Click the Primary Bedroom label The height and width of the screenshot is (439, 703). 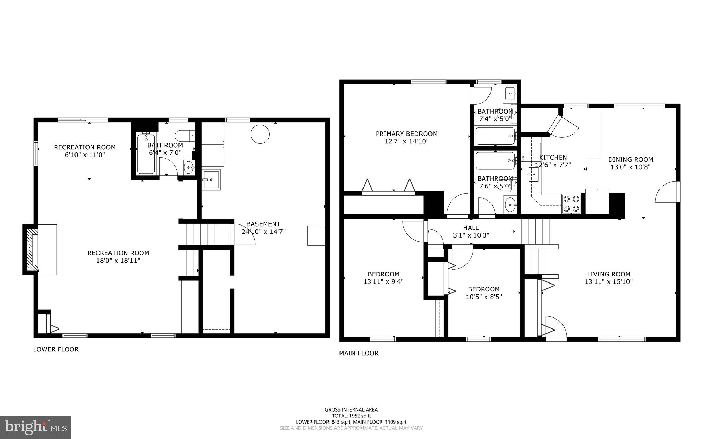click(406, 134)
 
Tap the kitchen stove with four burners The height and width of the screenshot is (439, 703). click(571, 204)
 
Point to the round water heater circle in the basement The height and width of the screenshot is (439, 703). click(260, 134)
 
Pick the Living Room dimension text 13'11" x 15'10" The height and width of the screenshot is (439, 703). click(609, 282)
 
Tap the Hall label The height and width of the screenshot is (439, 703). click(471, 228)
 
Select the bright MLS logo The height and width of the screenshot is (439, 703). click(36, 427)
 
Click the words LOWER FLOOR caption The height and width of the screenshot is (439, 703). click(56, 349)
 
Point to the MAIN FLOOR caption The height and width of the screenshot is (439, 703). click(359, 353)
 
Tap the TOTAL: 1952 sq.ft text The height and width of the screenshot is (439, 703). click(351, 416)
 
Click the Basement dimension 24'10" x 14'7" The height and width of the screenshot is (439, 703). click(263, 232)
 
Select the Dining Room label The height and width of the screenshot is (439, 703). click(630, 159)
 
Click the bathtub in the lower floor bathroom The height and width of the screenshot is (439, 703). click(146, 154)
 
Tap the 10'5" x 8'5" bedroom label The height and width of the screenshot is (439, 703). click(484, 297)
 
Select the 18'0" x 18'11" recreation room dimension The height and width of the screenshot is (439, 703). click(118, 261)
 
